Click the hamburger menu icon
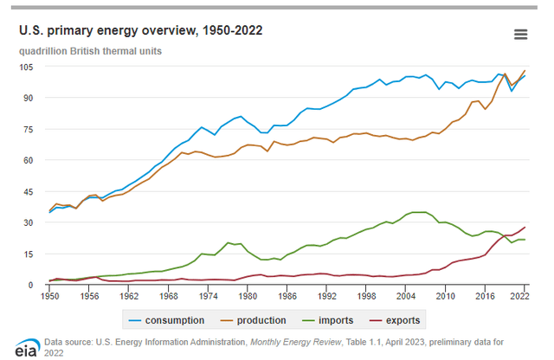click(520, 35)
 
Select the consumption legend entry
click(170, 320)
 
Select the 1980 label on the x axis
click(248, 296)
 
